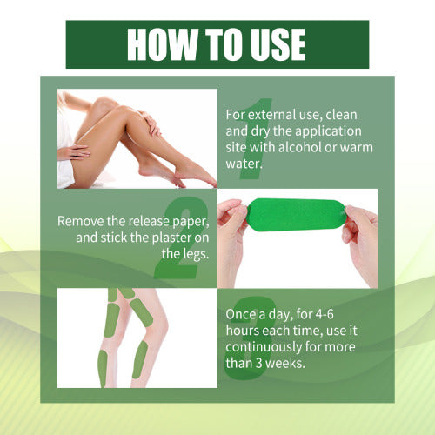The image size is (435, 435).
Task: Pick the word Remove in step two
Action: coord(81,221)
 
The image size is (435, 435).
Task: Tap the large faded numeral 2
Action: coord(180,238)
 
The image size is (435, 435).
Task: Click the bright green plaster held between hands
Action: coord(296,215)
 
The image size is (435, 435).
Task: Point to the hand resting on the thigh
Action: coord(74,151)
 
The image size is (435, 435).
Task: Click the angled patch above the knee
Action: coord(141,312)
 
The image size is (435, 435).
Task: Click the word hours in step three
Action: coord(243,331)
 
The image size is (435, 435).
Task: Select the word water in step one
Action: coord(244,164)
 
